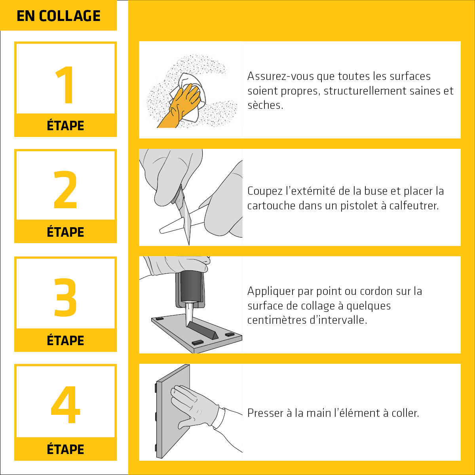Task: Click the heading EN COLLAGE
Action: (59, 16)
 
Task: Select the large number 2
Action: (65, 190)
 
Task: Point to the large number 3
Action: (65, 297)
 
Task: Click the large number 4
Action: (65, 405)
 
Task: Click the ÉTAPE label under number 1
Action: (65, 125)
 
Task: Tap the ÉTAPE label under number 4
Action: (65, 449)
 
